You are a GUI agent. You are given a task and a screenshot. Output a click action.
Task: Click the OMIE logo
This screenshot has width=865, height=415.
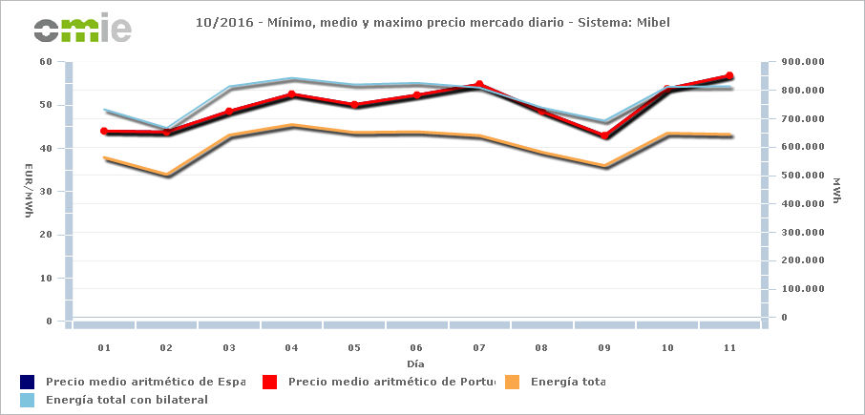click(x=82, y=29)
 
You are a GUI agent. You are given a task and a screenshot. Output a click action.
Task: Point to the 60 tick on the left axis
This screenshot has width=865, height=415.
click(x=46, y=61)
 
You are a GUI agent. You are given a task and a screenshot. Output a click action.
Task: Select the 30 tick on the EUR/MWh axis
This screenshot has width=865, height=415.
click(x=46, y=191)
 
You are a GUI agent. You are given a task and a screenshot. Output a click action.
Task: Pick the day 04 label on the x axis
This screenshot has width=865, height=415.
click(x=291, y=348)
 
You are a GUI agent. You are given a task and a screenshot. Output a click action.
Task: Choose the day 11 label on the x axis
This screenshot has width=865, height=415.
click(x=729, y=348)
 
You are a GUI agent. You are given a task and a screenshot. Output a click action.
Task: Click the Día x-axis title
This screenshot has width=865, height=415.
click(x=415, y=363)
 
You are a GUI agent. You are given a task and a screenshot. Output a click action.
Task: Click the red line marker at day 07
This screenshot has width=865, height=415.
click(x=479, y=84)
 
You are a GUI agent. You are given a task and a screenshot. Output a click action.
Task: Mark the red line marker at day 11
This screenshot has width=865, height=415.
click(x=729, y=75)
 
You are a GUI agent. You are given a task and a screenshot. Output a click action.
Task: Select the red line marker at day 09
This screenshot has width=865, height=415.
click(x=604, y=135)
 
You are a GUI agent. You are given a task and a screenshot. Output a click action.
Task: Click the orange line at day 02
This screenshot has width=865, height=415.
click(x=167, y=175)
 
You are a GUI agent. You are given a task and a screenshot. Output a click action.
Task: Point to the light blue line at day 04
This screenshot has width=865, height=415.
click(x=291, y=79)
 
